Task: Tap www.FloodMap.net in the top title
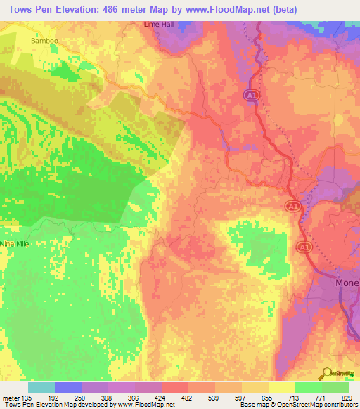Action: click(231, 9)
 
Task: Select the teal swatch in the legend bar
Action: click(41, 387)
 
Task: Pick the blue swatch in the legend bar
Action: click(67, 387)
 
